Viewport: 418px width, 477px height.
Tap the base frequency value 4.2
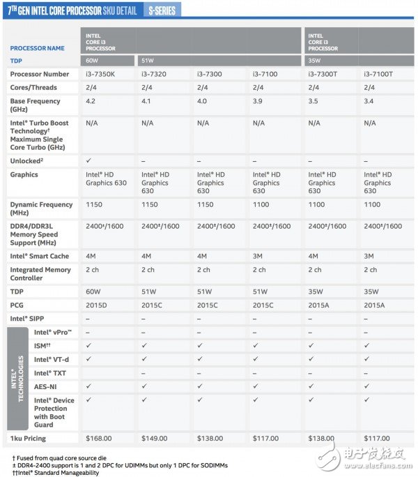(90, 101)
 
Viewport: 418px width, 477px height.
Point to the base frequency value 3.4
(369, 101)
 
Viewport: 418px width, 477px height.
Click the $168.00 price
(98, 438)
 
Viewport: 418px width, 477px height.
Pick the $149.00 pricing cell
(154, 438)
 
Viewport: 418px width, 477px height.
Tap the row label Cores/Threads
(33, 87)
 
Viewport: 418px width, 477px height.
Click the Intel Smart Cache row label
(38, 256)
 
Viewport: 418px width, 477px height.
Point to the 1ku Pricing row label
(29, 438)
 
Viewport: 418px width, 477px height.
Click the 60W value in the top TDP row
(93, 61)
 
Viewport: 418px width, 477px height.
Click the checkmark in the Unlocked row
(88, 160)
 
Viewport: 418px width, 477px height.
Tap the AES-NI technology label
(46, 385)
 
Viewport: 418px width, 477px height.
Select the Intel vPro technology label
(53, 333)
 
